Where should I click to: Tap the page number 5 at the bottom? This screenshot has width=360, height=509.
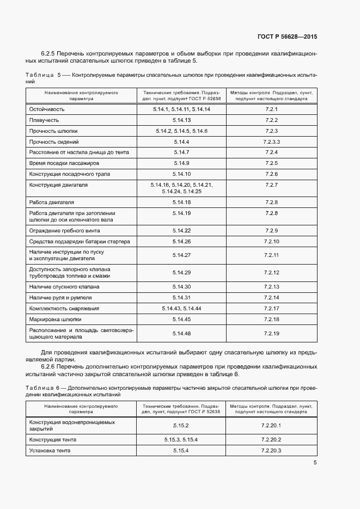[x=315, y=463]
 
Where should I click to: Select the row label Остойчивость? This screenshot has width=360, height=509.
[x=47, y=109]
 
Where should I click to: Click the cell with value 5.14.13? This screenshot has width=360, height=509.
[x=181, y=120]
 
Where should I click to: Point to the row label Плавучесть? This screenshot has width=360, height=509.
[x=44, y=120]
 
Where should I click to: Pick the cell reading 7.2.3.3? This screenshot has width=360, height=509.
[x=271, y=142]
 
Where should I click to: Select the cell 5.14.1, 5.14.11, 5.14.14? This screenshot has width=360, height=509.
[x=181, y=109]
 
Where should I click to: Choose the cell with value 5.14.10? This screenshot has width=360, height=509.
[x=181, y=174]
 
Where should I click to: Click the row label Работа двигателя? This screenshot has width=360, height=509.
[x=52, y=202]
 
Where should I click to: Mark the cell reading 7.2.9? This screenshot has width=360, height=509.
[x=271, y=230]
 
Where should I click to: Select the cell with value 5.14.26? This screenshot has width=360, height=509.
[x=181, y=241]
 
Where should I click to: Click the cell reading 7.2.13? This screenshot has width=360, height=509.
[x=271, y=286]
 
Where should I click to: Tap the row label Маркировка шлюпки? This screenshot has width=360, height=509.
[x=55, y=319]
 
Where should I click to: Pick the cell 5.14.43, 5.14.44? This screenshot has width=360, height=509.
[x=181, y=308]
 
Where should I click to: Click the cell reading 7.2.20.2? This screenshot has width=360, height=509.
[x=271, y=439]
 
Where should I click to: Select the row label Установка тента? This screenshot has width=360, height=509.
[x=50, y=450]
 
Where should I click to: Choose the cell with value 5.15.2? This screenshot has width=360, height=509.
[x=180, y=425]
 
